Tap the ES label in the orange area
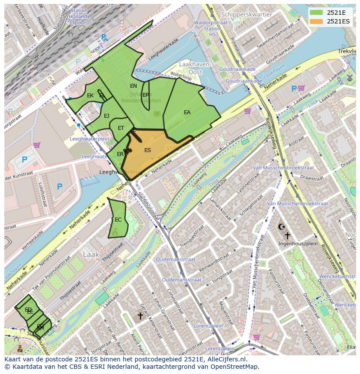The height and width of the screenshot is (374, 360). pyautogui.click(x=147, y=150)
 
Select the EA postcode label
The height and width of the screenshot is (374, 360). pyautogui.click(x=187, y=113)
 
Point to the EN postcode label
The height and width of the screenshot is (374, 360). pyautogui.click(x=133, y=86)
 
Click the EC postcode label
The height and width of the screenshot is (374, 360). pyautogui.click(x=118, y=220)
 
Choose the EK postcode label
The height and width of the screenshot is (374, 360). pyautogui.click(x=90, y=96)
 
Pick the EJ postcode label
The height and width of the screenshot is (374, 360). pyautogui.click(x=107, y=116)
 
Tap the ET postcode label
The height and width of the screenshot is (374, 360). pyautogui.click(x=121, y=128)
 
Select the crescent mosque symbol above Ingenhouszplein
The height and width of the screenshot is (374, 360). pyautogui.click(x=281, y=227)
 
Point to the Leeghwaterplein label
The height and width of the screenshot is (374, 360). pyautogui.click(x=89, y=139)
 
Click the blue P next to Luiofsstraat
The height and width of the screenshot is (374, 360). pyautogui.click(x=59, y=187)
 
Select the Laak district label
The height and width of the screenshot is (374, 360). pyautogui.click(x=91, y=255)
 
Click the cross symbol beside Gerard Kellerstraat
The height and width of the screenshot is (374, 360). pyautogui.click(x=140, y=316)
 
